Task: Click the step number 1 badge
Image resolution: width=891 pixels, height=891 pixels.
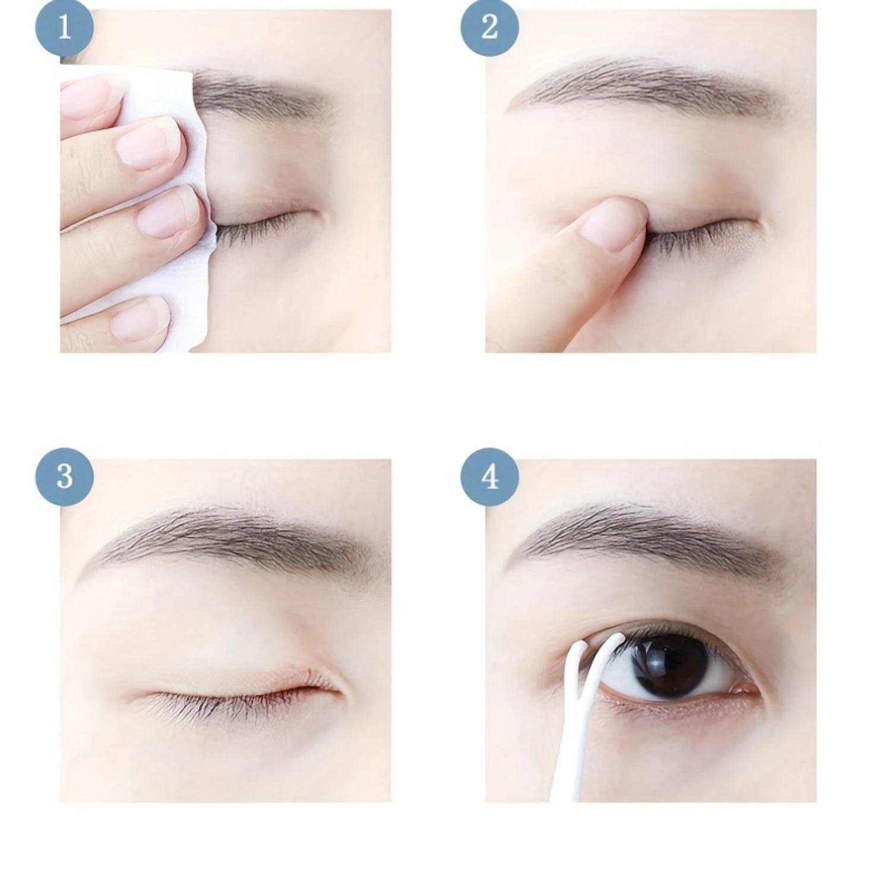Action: click(x=64, y=28)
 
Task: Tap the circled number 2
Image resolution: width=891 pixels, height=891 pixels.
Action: click(x=489, y=28)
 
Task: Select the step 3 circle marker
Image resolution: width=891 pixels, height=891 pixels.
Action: click(x=64, y=477)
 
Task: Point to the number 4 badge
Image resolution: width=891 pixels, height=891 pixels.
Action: click(x=489, y=477)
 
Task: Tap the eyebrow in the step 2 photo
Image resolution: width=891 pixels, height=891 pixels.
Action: click(x=647, y=89)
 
